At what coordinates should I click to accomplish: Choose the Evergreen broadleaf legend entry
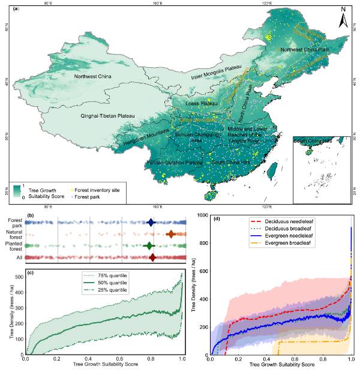click(283, 244)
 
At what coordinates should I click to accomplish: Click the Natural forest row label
click(11, 234)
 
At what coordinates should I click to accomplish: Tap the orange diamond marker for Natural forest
click(170, 234)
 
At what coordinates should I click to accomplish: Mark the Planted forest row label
click(11, 246)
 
